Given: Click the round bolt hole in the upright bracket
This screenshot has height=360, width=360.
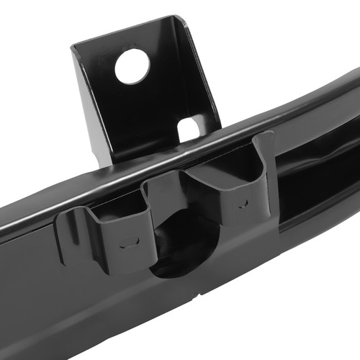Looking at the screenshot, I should [132, 66].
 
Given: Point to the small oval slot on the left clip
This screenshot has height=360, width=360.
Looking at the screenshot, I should [129, 243].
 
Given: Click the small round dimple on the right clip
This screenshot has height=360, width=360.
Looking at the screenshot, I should [243, 204].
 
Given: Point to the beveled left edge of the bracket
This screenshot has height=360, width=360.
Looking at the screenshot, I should [83, 101].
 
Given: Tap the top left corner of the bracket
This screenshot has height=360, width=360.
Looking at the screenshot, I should [75, 48].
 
